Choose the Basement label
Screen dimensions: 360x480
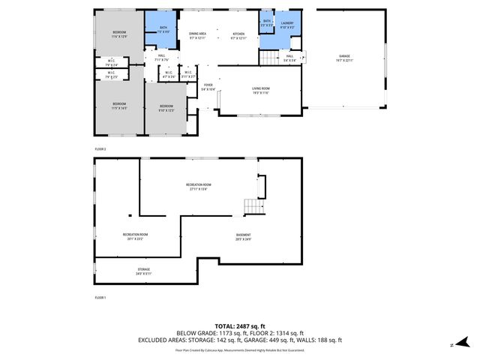[x=243, y=238]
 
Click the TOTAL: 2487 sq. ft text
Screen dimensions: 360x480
[x=239, y=325]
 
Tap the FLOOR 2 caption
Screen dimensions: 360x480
[x=100, y=149]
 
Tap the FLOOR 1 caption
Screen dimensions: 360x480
[x=100, y=298]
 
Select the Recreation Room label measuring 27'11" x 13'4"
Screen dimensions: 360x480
[x=199, y=187]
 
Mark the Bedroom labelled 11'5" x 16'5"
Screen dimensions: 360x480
[x=119, y=105]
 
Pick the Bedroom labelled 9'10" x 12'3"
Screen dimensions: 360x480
[x=166, y=107]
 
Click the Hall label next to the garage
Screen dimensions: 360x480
[x=289, y=58]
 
